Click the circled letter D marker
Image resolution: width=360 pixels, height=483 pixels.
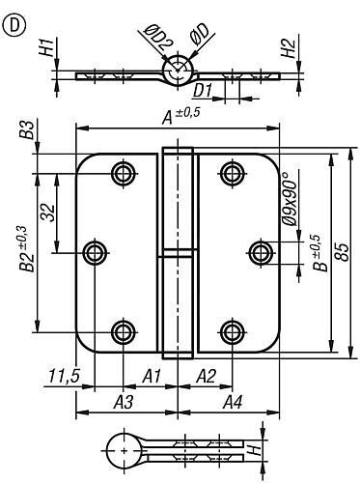click(x=14, y=26)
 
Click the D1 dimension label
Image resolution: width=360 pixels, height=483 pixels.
click(x=203, y=91)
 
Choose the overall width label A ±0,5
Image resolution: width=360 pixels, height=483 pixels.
click(x=180, y=116)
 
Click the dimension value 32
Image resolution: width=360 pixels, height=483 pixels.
click(x=48, y=213)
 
